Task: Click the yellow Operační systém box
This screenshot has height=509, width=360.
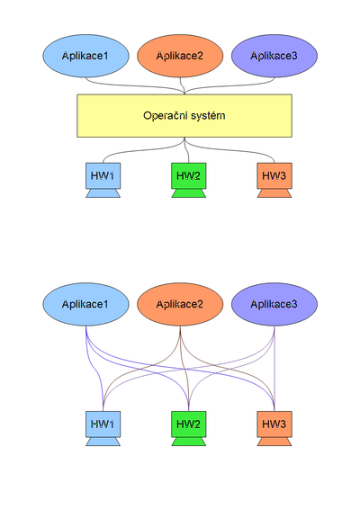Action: point(184,116)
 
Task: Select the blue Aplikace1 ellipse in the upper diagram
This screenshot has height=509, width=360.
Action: point(85,57)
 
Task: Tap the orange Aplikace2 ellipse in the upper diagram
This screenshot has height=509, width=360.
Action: point(180,57)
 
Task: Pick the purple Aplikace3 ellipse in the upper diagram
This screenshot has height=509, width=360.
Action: point(274,57)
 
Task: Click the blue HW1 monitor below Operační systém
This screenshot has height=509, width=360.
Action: point(99,174)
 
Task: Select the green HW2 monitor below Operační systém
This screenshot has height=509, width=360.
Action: point(187,174)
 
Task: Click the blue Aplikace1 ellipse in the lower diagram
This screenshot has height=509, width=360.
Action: point(85,304)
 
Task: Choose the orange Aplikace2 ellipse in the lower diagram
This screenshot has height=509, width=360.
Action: point(180,304)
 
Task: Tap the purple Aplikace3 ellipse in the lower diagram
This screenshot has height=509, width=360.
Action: point(274,304)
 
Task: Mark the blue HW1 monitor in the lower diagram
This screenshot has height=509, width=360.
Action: point(99,422)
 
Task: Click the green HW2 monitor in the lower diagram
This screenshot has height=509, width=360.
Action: point(187,422)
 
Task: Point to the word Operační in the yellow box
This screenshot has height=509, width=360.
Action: point(163,116)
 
